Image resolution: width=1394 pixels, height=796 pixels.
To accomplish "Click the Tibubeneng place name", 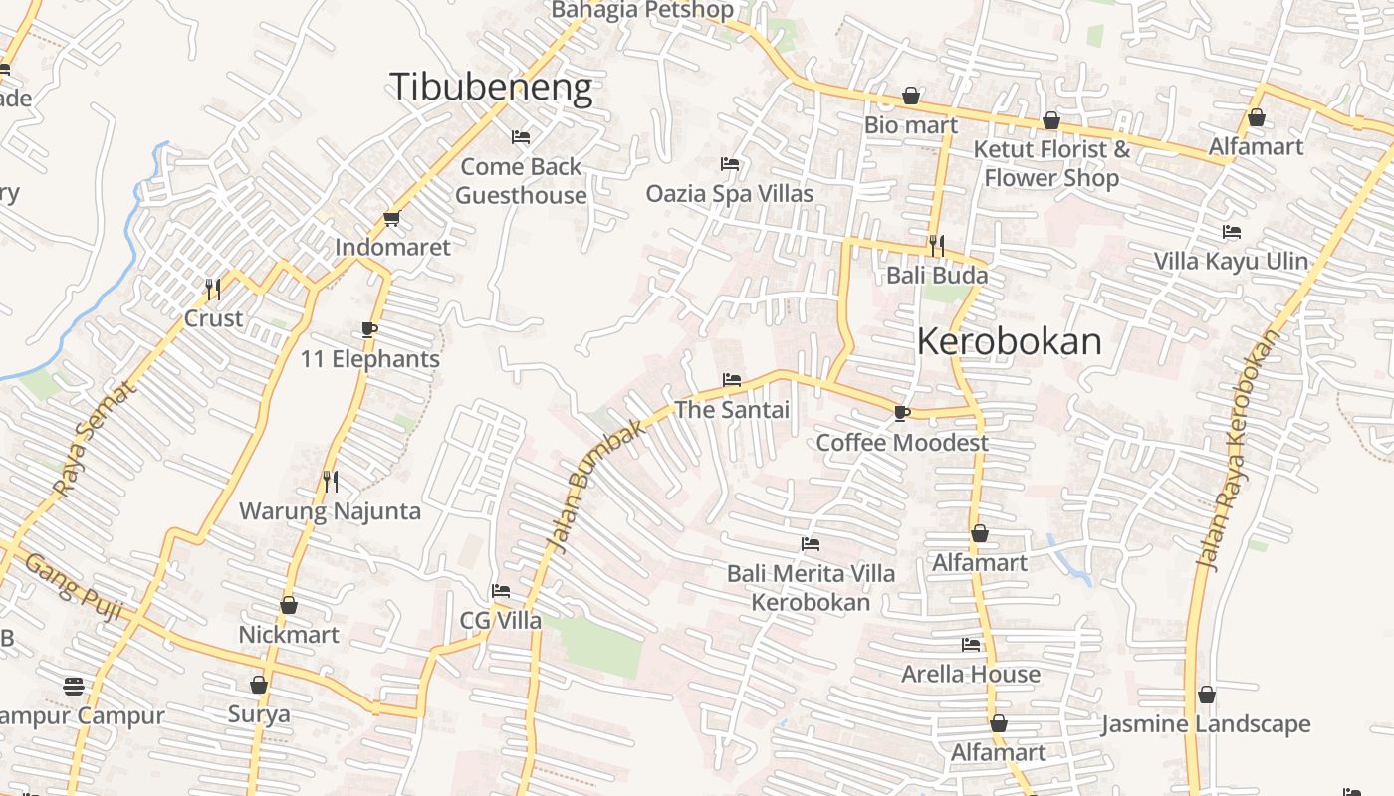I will coord(491,88).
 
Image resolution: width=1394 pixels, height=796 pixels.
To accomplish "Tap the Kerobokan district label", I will coord(1009,341).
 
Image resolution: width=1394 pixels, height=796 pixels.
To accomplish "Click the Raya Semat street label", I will coord(93,440).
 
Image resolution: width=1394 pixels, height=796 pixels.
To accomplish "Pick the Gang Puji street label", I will coord(73,588).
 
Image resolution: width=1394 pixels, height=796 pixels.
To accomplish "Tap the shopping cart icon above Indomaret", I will coord(391,219).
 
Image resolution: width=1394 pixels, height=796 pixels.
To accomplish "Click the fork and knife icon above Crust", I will coord(212,290).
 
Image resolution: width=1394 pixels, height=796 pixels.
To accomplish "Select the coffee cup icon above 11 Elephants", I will coord(369,330).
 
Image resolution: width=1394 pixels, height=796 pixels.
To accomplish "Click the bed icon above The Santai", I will coord(731,380).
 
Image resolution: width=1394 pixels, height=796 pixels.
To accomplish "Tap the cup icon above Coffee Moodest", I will coord(902,413).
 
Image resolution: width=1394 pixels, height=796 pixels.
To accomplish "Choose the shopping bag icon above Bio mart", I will coord(910,96).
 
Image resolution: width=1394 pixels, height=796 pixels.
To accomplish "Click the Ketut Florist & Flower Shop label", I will coord(1051,163).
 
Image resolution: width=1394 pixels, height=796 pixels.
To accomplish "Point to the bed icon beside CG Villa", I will coord(501,591).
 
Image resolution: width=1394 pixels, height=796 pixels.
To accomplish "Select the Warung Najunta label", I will coord(330,511).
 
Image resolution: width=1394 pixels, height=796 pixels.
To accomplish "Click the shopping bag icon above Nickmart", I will coord(289,605).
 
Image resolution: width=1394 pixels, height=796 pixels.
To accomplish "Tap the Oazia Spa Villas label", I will coord(730,193).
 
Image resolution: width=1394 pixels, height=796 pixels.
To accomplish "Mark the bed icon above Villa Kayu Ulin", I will coord(1232,232).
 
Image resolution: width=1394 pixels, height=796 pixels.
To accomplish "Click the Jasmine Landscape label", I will coord(1205,723).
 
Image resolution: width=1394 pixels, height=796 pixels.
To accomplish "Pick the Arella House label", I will coord(971,674).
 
